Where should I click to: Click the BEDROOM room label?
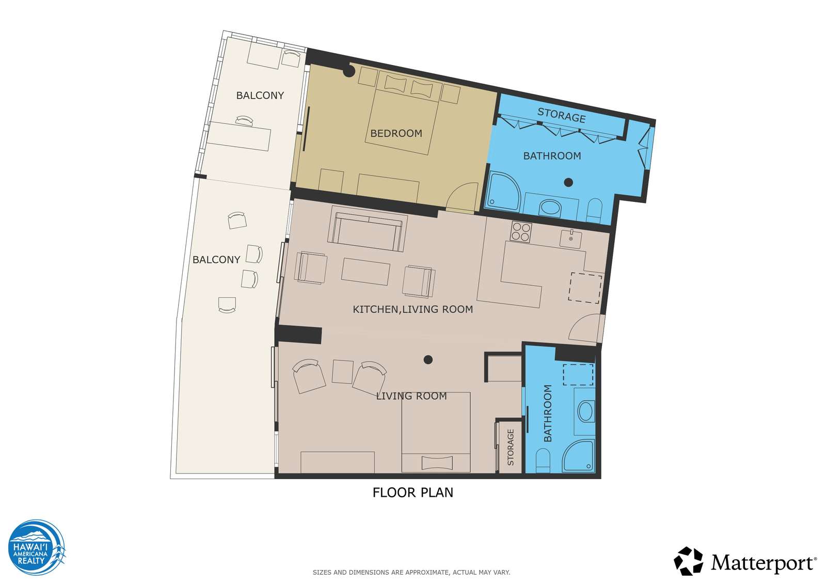coord(396,133)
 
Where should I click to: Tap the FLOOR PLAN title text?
coord(412,493)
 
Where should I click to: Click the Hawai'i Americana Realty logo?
coord(37,547)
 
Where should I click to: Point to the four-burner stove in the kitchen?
coord(521,232)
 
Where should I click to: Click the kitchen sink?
coord(570,239)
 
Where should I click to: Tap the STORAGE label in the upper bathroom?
coord(561,115)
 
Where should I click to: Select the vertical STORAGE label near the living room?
coord(511,447)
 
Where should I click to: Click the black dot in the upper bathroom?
coord(568,182)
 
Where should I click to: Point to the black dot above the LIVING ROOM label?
coord(428,360)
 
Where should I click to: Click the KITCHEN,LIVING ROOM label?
coord(412,309)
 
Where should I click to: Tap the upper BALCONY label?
coord(260,96)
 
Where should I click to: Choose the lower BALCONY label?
coord(216,260)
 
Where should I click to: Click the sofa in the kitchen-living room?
coord(367,229)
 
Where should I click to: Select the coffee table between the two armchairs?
coord(366,272)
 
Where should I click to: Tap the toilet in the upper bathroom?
coord(594,210)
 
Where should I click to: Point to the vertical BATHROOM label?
coord(548,413)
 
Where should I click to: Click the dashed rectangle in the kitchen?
coord(585,288)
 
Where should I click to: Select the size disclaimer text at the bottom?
coord(411,573)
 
